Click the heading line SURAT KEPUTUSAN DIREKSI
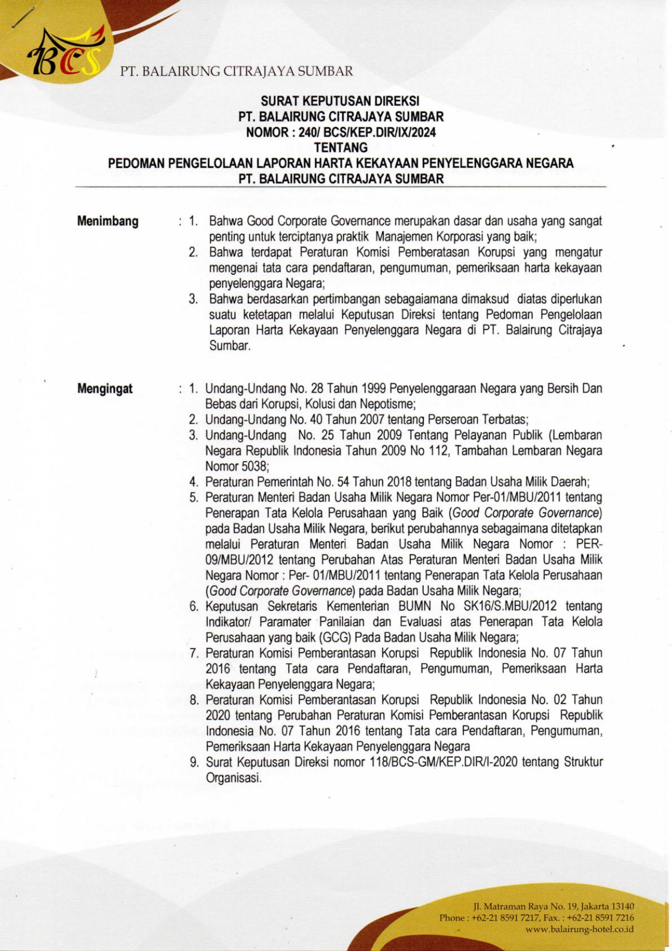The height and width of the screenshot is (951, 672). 340,101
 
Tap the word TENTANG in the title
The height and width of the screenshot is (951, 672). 341,147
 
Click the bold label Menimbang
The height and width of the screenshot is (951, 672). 108,221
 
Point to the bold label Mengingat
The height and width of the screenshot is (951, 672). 105,389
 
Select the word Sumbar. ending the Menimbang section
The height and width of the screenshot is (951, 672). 230,346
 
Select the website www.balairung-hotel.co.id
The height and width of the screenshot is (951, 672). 579,929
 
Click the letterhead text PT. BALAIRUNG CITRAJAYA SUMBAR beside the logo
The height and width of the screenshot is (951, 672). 236,71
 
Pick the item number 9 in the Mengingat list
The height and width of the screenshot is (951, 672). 193,762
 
